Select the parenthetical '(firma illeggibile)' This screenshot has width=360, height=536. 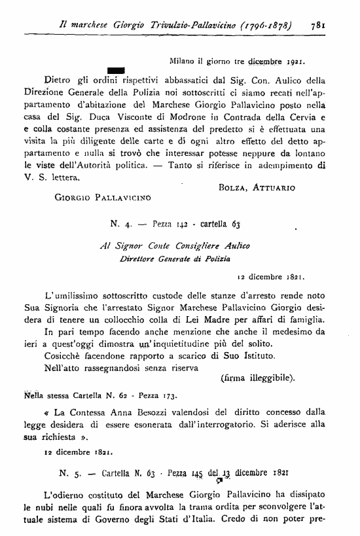click(x=257, y=378)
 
